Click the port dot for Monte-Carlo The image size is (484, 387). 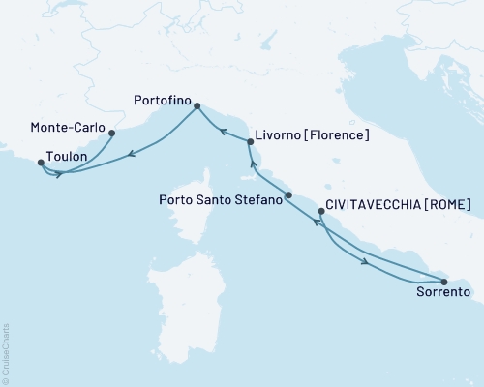(x=112, y=134)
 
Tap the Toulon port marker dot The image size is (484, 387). (x=40, y=163)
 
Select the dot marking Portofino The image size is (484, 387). (x=197, y=106)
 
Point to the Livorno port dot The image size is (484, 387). (x=251, y=142)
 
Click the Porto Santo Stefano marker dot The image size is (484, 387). (x=288, y=194)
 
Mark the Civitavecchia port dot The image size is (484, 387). (x=321, y=211)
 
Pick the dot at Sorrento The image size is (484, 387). (x=443, y=282)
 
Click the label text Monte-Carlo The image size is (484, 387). (x=68, y=127)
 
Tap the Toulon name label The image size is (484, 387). (x=67, y=156)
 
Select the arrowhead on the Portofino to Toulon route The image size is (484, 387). (x=131, y=151)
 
